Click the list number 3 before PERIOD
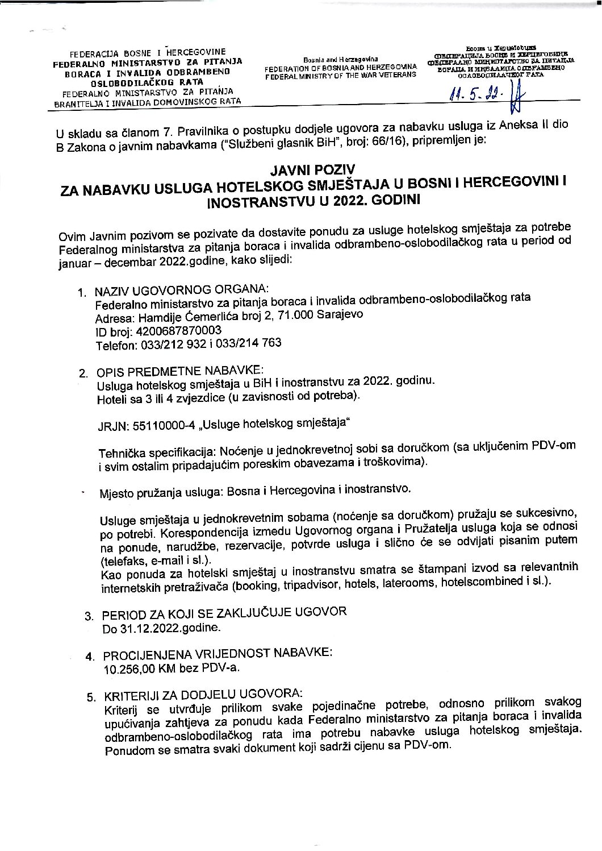[89, 616]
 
